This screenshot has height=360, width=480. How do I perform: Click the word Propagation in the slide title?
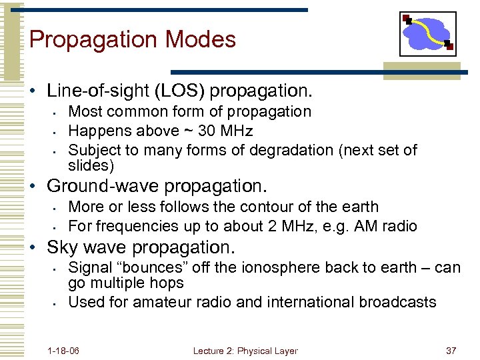tap(91, 40)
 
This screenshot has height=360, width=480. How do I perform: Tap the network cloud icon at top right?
tap(427, 34)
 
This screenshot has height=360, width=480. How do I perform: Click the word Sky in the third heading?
tap(61, 247)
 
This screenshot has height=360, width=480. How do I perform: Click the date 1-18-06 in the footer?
tap(63, 351)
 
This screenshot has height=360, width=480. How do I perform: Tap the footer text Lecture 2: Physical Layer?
tap(245, 351)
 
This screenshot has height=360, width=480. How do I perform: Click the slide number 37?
tap(451, 351)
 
